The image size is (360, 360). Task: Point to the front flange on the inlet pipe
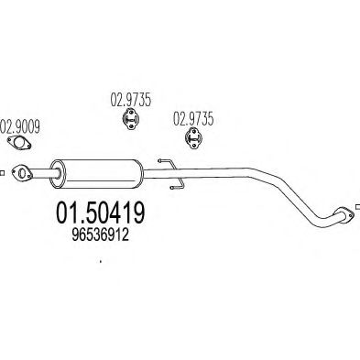(22, 169)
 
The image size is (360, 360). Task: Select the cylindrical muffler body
(99, 170)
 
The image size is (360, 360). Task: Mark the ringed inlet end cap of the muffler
(58, 169)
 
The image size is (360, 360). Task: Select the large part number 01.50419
(95, 214)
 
